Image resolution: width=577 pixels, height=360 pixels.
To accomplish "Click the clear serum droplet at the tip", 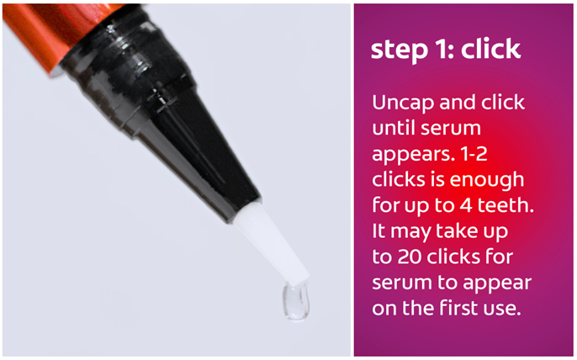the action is (x=295, y=302).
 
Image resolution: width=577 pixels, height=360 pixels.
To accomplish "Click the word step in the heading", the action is (x=400, y=50).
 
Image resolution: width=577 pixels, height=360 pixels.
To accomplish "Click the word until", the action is (x=393, y=128).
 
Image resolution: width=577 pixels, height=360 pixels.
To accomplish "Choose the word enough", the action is (x=487, y=181).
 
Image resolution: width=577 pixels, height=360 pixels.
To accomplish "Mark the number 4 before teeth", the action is (x=465, y=205).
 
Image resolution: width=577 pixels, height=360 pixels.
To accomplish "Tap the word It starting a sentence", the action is (x=378, y=230).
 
